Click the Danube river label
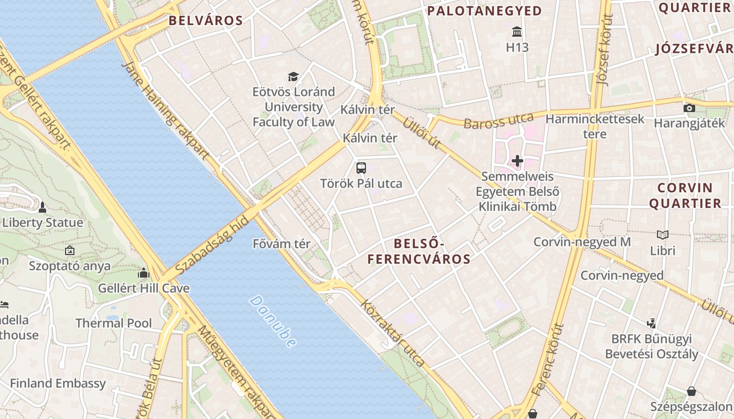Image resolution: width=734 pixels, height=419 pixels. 273,321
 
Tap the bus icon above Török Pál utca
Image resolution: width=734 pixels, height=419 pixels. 361,168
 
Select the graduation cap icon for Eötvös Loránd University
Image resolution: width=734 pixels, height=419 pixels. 293,77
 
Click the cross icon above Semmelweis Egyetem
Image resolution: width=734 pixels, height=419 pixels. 517,161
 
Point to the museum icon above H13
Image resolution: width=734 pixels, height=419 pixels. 517,31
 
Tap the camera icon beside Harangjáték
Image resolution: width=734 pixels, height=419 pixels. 689,108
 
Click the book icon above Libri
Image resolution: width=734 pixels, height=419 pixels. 663,235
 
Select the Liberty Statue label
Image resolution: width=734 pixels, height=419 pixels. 43,223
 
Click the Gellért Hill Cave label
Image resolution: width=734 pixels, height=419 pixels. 144,288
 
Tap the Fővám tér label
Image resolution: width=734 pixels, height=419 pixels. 282,244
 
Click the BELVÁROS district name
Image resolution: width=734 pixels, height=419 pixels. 206,21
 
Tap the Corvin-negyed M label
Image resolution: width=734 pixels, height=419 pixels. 582,242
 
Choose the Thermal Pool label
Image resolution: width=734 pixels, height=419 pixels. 114,323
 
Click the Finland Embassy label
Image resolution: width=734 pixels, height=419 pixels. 58,383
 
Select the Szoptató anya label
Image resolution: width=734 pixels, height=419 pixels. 70,266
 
